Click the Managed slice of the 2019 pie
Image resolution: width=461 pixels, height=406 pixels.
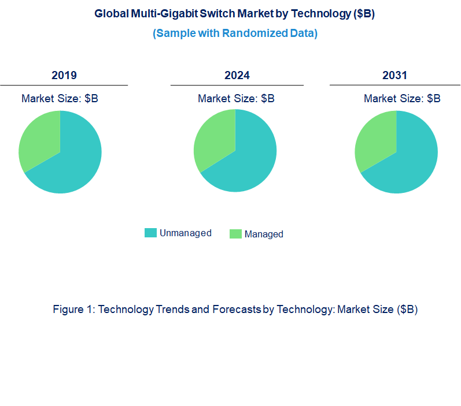(x=39, y=139)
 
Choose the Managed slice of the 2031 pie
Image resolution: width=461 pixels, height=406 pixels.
(x=375, y=139)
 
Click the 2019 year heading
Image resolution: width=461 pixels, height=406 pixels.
(x=64, y=76)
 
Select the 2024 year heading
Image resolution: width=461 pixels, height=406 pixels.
(x=237, y=76)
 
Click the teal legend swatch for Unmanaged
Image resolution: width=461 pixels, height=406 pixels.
(x=150, y=233)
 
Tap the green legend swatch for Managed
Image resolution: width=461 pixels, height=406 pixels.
(x=235, y=234)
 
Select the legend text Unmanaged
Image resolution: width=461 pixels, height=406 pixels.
(x=185, y=233)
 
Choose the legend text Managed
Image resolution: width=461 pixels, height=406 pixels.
(x=264, y=234)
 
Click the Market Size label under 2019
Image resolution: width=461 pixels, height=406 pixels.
(x=60, y=99)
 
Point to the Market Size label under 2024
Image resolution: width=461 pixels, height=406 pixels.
(x=236, y=99)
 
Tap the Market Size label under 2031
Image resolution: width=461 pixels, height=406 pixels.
(x=402, y=99)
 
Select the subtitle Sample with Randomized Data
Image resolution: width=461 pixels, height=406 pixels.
(x=235, y=33)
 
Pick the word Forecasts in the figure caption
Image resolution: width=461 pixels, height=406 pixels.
(x=236, y=310)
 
